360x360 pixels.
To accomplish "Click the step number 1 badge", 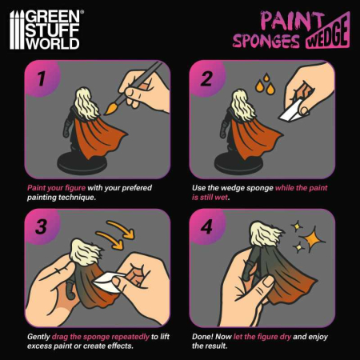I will pos(39,80).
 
